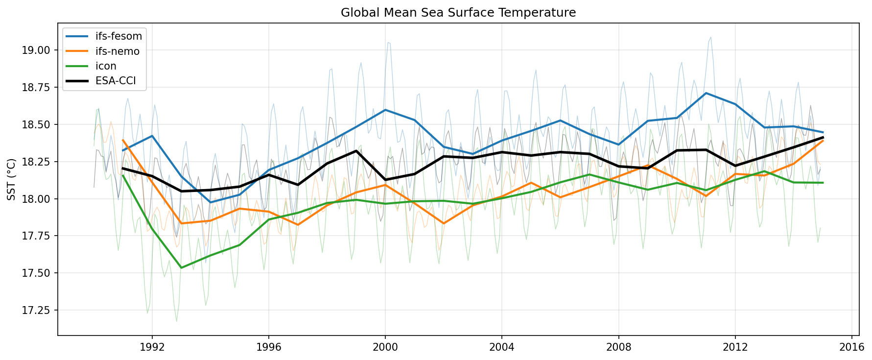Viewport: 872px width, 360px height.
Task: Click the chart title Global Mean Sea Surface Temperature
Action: [x=458, y=12]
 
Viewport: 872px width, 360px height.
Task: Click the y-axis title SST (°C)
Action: [x=11, y=179]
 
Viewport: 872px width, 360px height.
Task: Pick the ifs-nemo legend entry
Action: [x=118, y=51]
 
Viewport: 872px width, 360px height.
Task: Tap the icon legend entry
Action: [x=106, y=66]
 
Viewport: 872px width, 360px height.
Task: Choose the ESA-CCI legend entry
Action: [x=114, y=81]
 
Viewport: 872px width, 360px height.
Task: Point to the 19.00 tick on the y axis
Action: [x=37, y=50]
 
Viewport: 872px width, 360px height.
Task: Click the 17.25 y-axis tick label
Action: [x=37, y=310]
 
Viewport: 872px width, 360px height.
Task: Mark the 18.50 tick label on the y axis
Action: [x=37, y=124]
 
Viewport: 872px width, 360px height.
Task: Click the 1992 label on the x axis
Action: [x=152, y=347]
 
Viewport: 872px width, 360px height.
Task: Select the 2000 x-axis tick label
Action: [x=385, y=347]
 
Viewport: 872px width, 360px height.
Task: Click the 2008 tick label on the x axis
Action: [x=618, y=347]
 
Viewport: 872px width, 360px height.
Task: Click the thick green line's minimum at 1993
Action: [x=181, y=267]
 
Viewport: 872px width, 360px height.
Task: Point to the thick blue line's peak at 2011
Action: [x=706, y=93]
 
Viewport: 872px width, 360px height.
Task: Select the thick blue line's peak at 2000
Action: [x=385, y=110]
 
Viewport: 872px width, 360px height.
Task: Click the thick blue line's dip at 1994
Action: [x=211, y=202]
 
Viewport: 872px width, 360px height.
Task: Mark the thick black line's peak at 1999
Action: [x=356, y=151]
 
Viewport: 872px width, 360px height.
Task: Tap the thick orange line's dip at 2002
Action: [x=443, y=223]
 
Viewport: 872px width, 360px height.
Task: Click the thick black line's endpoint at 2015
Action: [x=823, y=138]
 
